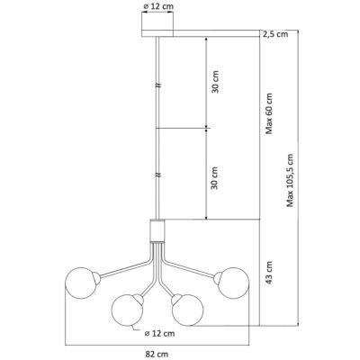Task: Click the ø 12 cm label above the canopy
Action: [159, 6]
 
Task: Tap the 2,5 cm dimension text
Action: [275, 34]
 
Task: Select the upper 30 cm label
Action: [215, 82]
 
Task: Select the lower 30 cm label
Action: [214, 178]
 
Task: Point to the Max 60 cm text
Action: [269, 113]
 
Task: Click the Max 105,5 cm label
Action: [290, 180]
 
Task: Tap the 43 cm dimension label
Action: [269, 273]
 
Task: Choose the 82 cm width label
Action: [157, 354]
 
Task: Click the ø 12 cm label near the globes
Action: [159, 333]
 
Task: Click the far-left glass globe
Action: [81, 283]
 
